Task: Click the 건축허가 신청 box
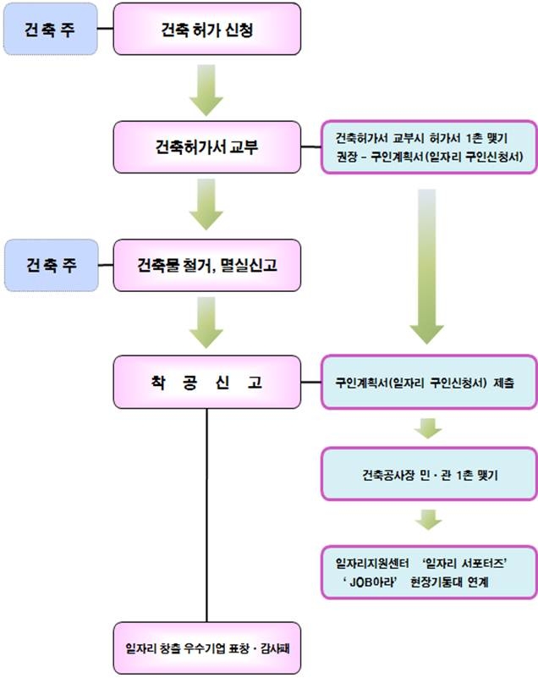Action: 207,31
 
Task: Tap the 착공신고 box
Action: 207,383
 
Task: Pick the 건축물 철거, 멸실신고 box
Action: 207,266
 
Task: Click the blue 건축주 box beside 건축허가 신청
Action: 49,31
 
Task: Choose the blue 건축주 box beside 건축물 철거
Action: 49,266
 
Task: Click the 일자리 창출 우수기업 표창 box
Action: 207,648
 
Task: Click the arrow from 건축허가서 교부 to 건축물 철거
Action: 206,207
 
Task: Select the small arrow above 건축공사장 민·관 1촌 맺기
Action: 430,427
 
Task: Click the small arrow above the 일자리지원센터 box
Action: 430,519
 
